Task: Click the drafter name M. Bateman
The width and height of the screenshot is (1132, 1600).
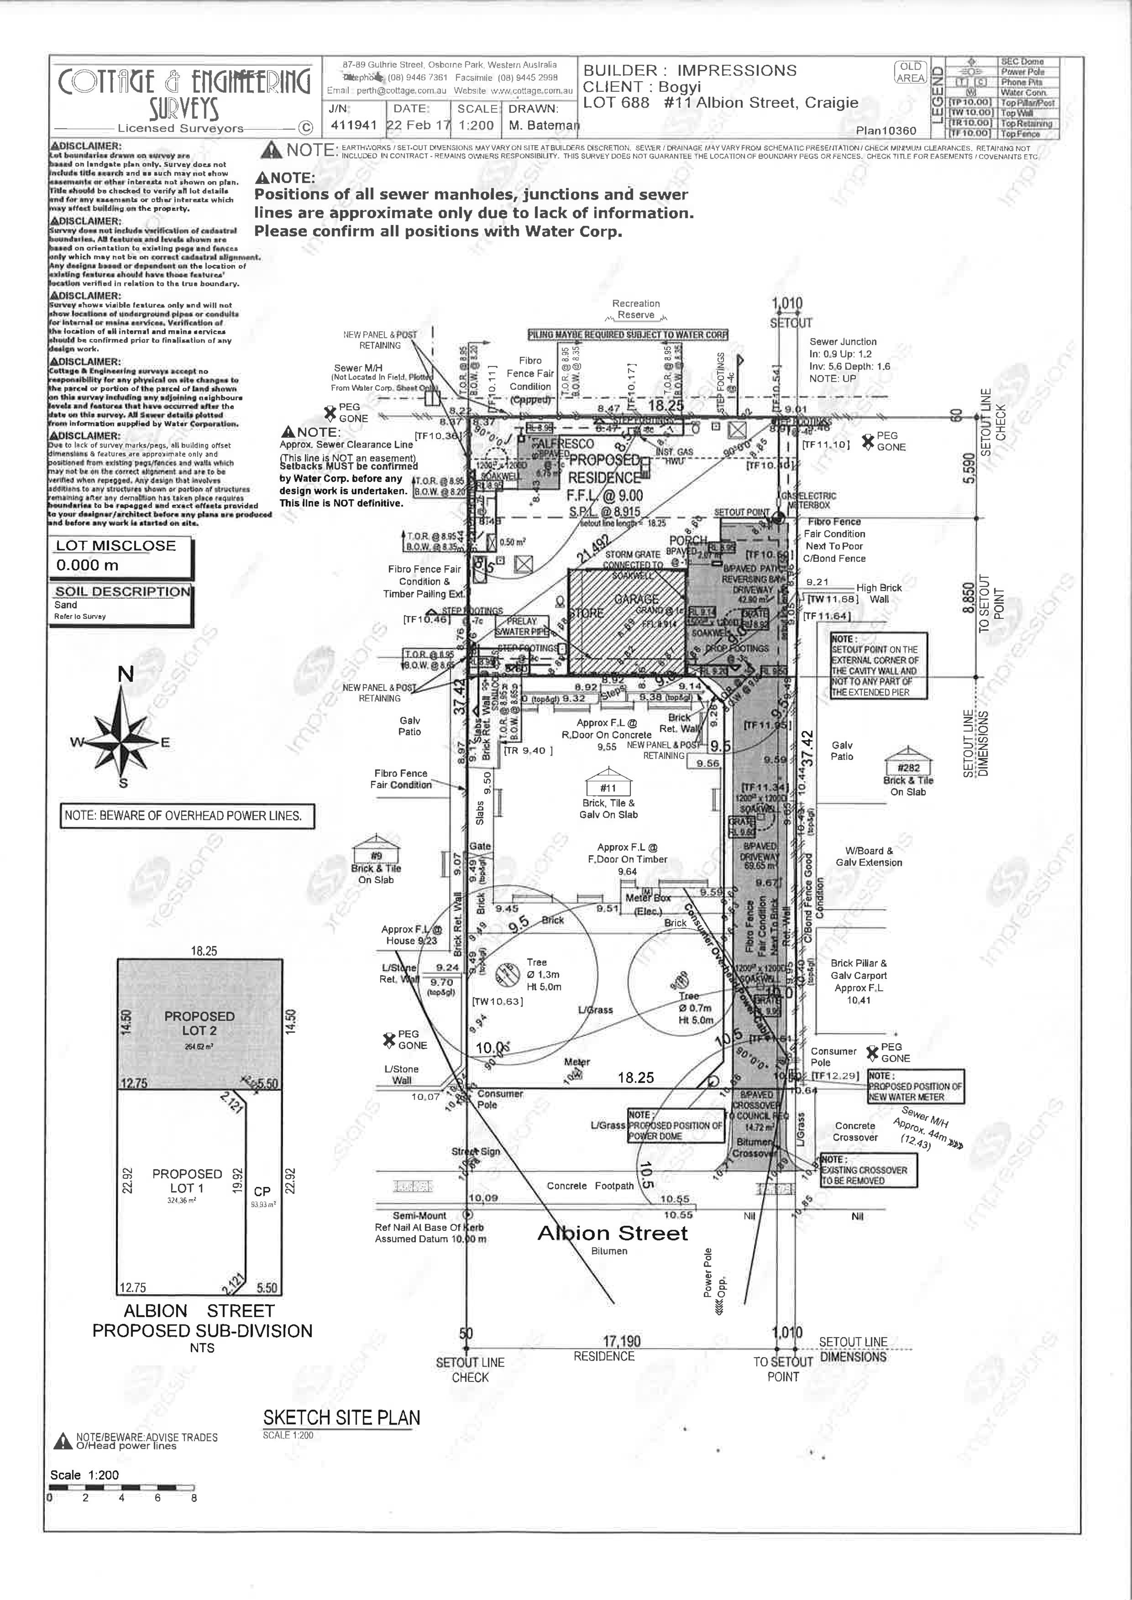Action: [x=544, y=125]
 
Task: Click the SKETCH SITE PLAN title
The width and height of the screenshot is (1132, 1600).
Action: [x=341, y=1418]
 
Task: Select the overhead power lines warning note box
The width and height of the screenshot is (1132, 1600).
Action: [x=188, y=816]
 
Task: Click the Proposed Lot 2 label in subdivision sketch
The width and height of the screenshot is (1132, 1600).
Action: [x=199, y=1024]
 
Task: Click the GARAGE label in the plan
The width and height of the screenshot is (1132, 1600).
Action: [x=636, y=599]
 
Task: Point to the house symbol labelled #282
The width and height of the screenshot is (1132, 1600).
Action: [x=908, y=763]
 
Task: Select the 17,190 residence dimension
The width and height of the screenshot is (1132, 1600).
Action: [x=622, y=1341]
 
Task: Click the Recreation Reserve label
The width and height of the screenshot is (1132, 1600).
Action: [x=636, y=308]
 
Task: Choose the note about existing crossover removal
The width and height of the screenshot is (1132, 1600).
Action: [x=868, y=1171]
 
